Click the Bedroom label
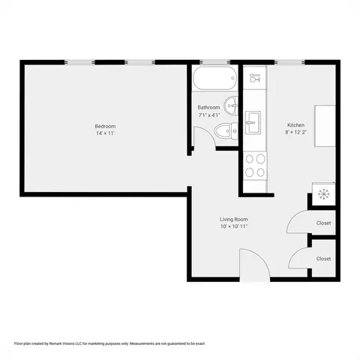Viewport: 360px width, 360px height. (105, 126)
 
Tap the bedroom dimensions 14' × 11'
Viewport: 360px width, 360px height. (105, 133)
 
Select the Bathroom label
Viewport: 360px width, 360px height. (208, 107)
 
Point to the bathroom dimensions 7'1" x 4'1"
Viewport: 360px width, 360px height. (209, 115)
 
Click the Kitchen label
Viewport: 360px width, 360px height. (295, 125)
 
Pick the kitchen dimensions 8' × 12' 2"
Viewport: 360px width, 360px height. (295, 132)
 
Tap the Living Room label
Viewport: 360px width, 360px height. (234, 219)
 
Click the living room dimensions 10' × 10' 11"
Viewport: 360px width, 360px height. (234, 226)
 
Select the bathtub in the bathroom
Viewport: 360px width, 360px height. (214, 78)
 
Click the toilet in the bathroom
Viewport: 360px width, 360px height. (226, 130)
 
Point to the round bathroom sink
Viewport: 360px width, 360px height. (231, 106)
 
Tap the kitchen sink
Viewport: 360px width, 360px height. (253, 122)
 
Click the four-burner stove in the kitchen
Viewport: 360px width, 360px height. (255, 166)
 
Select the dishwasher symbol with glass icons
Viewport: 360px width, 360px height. (255, 78)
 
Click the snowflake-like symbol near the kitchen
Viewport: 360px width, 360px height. (324, 194)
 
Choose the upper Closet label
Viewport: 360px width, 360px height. (323, 223)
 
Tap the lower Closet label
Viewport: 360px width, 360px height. (323, 259)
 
